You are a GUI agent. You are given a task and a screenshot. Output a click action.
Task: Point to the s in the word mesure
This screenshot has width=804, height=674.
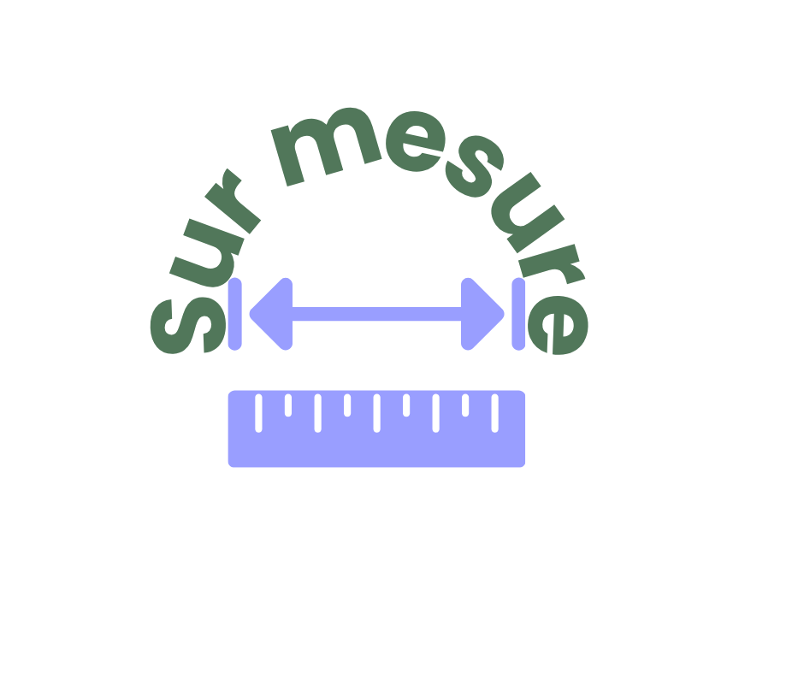pyautogui.click(x=475, y=167)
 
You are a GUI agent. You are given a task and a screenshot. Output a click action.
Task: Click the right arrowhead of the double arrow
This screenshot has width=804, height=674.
pyautogui.click(x=480, y=314)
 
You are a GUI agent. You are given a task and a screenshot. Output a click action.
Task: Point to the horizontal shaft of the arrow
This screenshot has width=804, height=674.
pyautogui.click(x=377, y=314)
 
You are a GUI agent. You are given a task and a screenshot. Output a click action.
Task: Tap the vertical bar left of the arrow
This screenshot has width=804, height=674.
pyautogui.click(x=235, y=314)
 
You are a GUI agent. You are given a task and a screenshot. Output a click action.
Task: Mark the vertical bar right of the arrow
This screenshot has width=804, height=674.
pyautogui.click(x=518, y=314)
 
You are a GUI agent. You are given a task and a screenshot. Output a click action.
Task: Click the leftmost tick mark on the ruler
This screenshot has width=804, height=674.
pyautogui.click(x=258, y=413)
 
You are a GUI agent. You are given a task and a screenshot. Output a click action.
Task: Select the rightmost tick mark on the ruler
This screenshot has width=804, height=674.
pyautogui.click(x=495, y=413)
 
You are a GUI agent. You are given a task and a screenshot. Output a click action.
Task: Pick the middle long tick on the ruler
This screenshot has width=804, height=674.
pyautogui.click(x=377, y=413)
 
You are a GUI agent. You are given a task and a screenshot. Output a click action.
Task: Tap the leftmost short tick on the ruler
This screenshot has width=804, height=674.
pyautogui.click(x=288, y=405)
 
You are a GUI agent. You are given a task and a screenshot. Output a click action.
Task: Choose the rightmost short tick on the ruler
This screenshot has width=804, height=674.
pyautogui.click(x=465, y=405)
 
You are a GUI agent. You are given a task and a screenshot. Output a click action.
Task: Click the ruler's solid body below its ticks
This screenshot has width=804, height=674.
pyautogui.click(x=377, y=450)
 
